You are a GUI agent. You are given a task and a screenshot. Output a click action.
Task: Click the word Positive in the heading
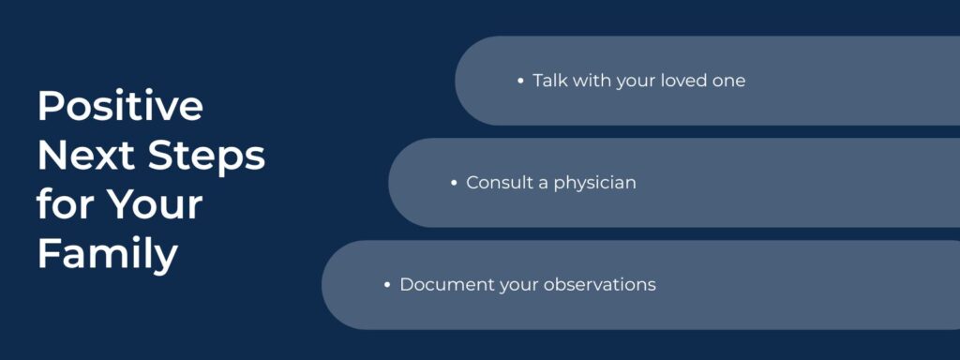120,107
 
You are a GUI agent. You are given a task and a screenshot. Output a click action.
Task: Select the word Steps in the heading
207,156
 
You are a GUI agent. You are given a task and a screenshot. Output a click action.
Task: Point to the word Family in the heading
107,253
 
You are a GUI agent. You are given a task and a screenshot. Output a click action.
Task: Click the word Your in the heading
155,204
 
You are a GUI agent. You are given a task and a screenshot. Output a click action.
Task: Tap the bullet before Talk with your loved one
521,81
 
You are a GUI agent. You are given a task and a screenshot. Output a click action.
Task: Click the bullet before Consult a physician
455,183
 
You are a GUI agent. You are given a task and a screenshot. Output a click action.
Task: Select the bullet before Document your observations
387,284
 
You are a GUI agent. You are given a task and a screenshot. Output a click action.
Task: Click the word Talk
550,81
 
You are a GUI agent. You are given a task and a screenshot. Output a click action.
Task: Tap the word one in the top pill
730,81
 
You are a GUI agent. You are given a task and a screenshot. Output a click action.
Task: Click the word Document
440,284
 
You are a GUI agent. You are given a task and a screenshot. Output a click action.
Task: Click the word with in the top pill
592,81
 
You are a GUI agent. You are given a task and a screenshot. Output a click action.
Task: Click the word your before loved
637,81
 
